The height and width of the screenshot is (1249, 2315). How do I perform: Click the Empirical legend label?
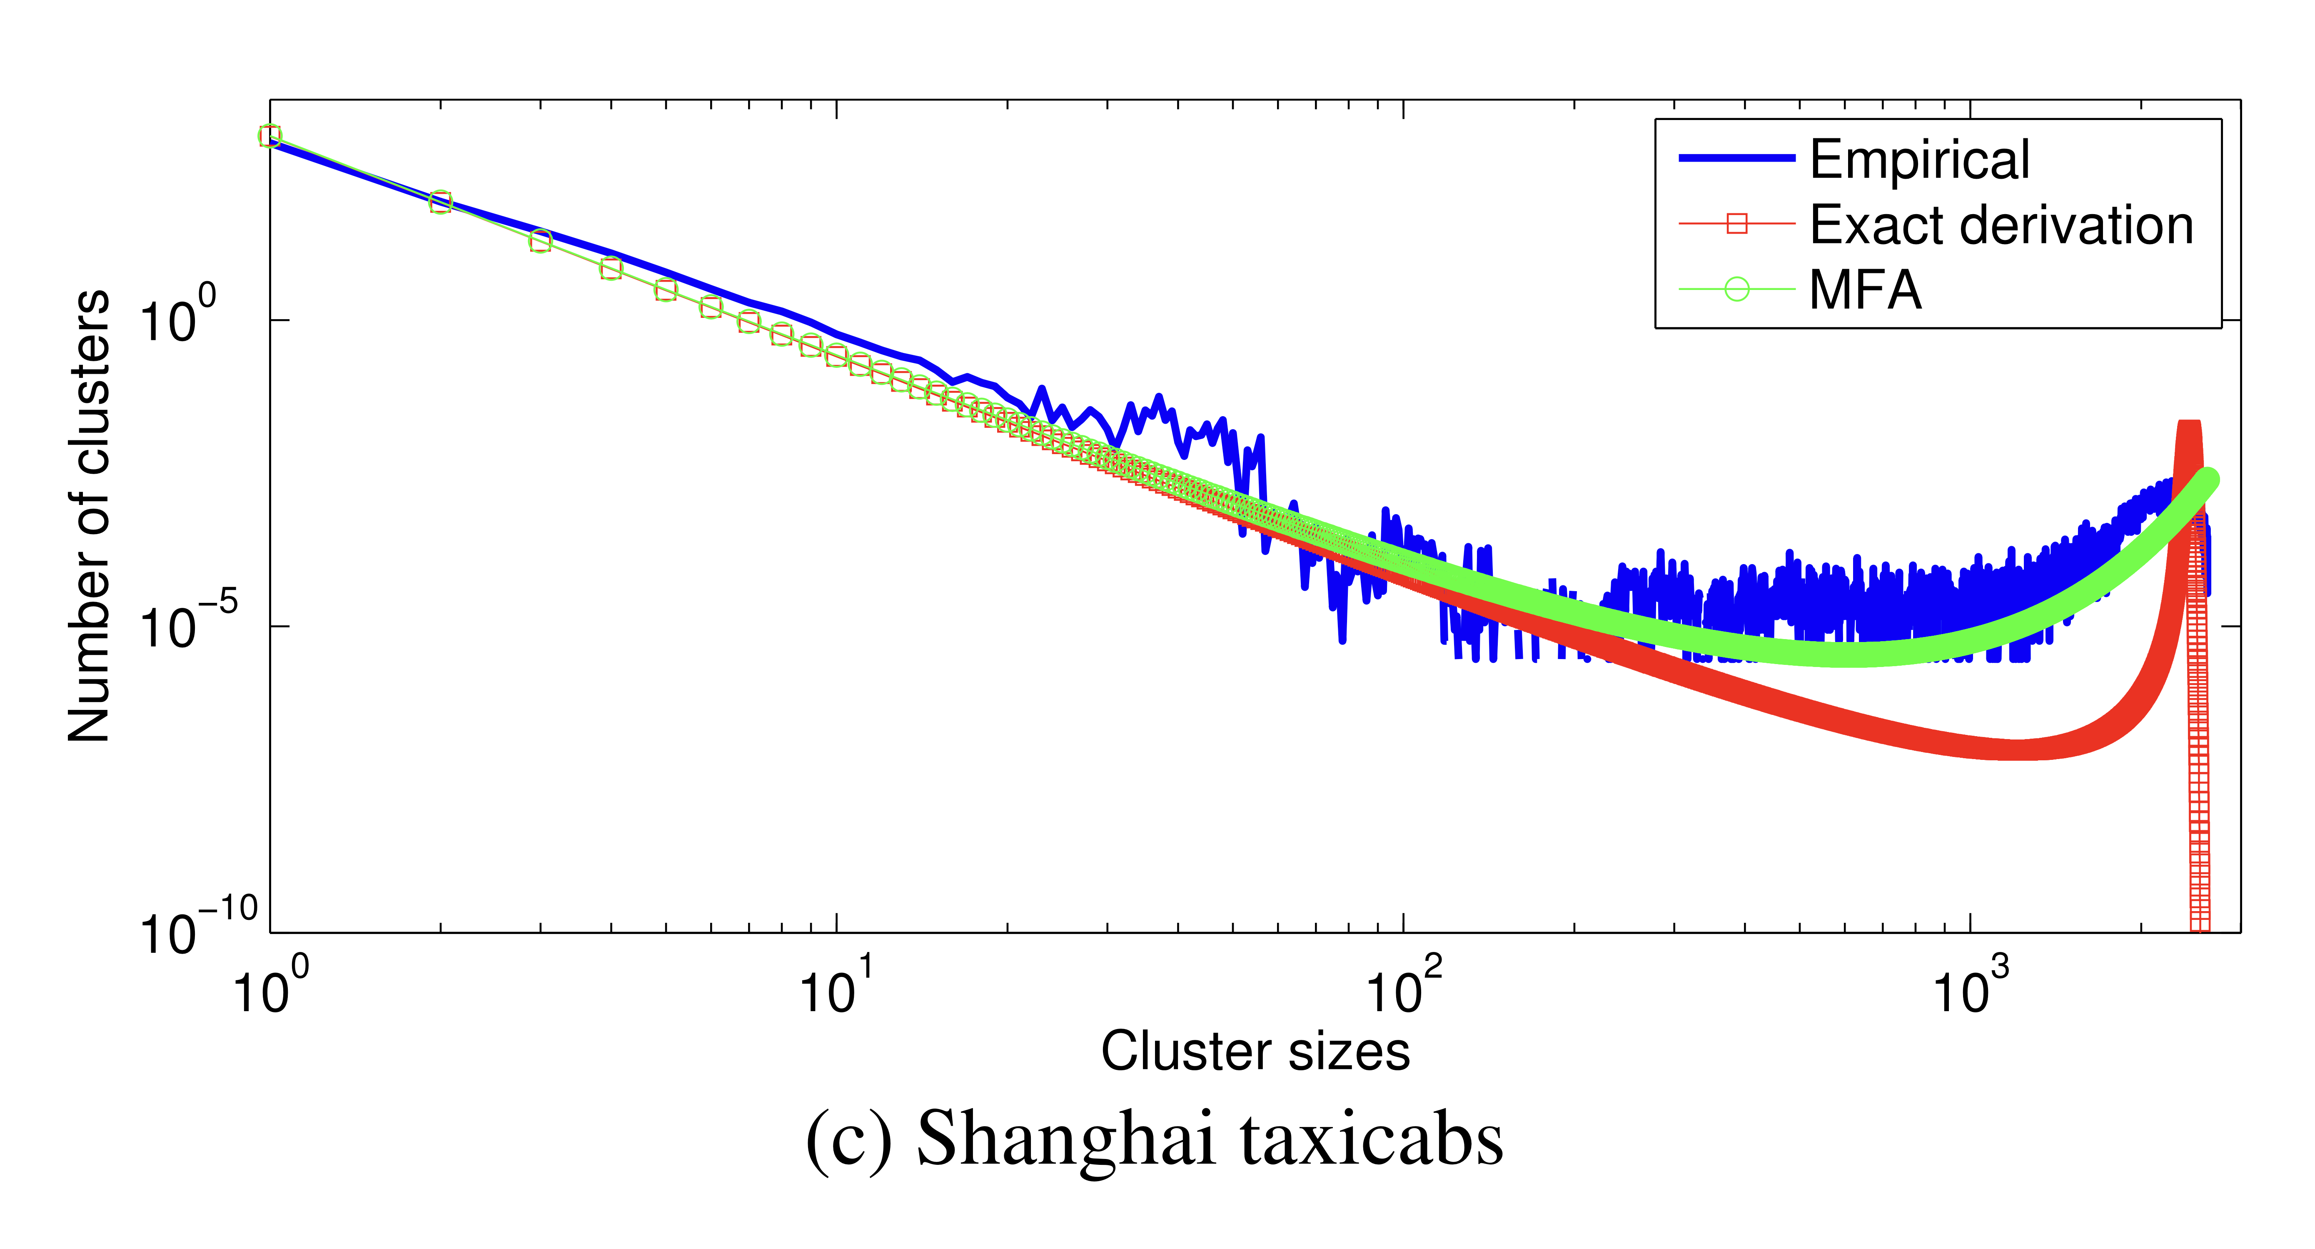click(1918, 160)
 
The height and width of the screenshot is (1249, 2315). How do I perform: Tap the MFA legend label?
click(1865, 290)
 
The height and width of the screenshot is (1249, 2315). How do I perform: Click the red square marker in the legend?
click(1736, 224)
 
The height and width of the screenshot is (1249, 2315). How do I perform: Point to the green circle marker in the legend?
click(1736, 290)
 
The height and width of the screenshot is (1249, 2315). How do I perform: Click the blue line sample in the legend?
click(1736, 158)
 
